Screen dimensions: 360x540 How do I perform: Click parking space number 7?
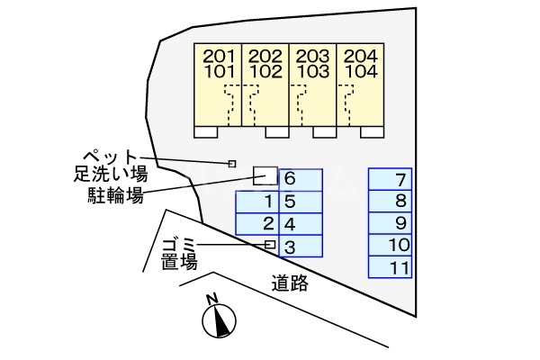(391, 178)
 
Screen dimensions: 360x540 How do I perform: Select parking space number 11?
(391, 267)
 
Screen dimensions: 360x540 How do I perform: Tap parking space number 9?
(391, 223)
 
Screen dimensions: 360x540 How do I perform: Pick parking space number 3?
(301, 246)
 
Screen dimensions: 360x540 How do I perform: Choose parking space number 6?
(301, 202)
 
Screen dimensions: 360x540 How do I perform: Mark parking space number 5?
(301, 202)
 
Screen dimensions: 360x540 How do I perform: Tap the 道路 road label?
(290, 283)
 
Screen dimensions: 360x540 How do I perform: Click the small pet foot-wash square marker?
(232, 164)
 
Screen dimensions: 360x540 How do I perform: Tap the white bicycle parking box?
(265, 175)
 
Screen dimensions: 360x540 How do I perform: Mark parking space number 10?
(391, 245)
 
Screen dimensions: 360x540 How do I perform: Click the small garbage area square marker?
(270, 245)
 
